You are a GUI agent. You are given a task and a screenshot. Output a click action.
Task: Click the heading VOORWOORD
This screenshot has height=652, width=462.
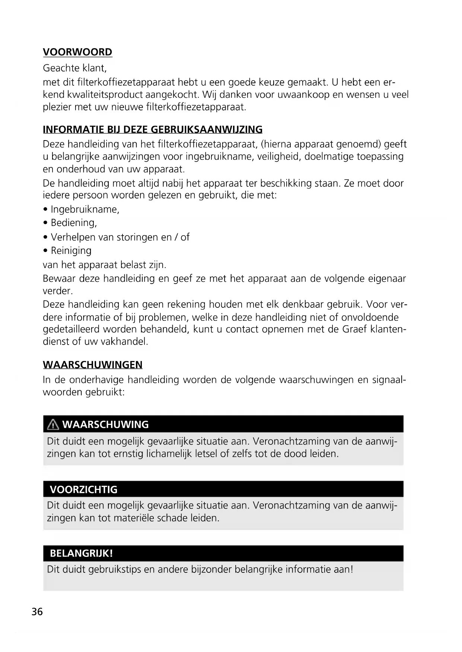pyautogui.click(x=77, y=52)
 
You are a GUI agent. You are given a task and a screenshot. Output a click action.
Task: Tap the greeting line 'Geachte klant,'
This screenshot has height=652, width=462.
pyautogui.click(x=75, y=68)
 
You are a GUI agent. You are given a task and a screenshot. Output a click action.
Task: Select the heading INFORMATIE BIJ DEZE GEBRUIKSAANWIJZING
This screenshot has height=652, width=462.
pyautogui.click(x=153, y=130)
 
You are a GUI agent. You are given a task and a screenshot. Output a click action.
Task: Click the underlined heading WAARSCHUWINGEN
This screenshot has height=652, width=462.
pyautogui.click(x=93, y=365)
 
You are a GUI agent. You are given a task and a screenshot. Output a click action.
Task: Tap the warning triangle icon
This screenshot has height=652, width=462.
pyautogui.click(x=53, y=425)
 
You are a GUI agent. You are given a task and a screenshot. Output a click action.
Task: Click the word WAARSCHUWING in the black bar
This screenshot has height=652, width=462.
pyautogui.click(x=105, y=425)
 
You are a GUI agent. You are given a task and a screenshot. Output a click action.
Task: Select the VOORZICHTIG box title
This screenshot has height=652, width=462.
pyautogui.click(x=83, y=490)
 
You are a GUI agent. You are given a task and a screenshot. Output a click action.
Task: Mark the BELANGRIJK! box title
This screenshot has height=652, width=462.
pyautogui.click(x=81, y=553)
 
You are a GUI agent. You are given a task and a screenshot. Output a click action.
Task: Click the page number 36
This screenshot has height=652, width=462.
pyautogui.click(x=37, y=611)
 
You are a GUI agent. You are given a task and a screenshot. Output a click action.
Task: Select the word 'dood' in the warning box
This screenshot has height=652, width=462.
pyautogui.click(x=295, y=454)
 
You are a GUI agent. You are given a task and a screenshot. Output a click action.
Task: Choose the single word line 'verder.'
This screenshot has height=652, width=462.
pyautogui.click(x=58, y=291)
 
